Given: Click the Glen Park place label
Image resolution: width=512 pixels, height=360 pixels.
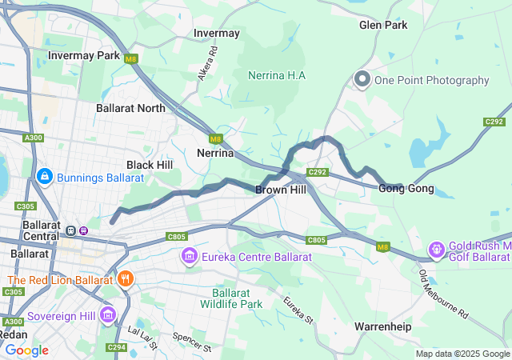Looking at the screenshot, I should pos(383,25).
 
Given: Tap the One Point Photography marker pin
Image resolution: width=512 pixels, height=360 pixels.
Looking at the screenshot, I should pos(362,79).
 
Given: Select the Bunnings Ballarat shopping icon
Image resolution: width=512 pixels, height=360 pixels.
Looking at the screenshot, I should pos(45,175).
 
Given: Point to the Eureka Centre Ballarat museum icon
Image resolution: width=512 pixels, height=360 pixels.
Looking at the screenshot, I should pos(190,256).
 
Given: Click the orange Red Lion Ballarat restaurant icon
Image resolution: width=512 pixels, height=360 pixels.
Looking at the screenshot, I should pos(125,279).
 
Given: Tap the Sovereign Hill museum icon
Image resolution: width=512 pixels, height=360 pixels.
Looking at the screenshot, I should pos(108,315).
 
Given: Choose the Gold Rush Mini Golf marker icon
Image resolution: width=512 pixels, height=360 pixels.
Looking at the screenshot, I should pos(437,250).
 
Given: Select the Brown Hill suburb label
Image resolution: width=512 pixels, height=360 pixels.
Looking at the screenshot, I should pos(281,190).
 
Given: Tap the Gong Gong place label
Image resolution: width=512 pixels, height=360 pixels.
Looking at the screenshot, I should pos(406,189).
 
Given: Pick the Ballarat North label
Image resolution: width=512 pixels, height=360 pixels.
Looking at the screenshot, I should pos(130,108).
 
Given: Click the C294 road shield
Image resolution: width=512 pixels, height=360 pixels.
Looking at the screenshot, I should pos(117,346).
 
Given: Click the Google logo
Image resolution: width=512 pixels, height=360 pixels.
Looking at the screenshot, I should pos(26,350).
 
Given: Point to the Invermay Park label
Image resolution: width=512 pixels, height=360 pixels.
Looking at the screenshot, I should pos(84,56).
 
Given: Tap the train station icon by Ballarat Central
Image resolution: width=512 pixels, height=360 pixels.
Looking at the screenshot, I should pos(71,230).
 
